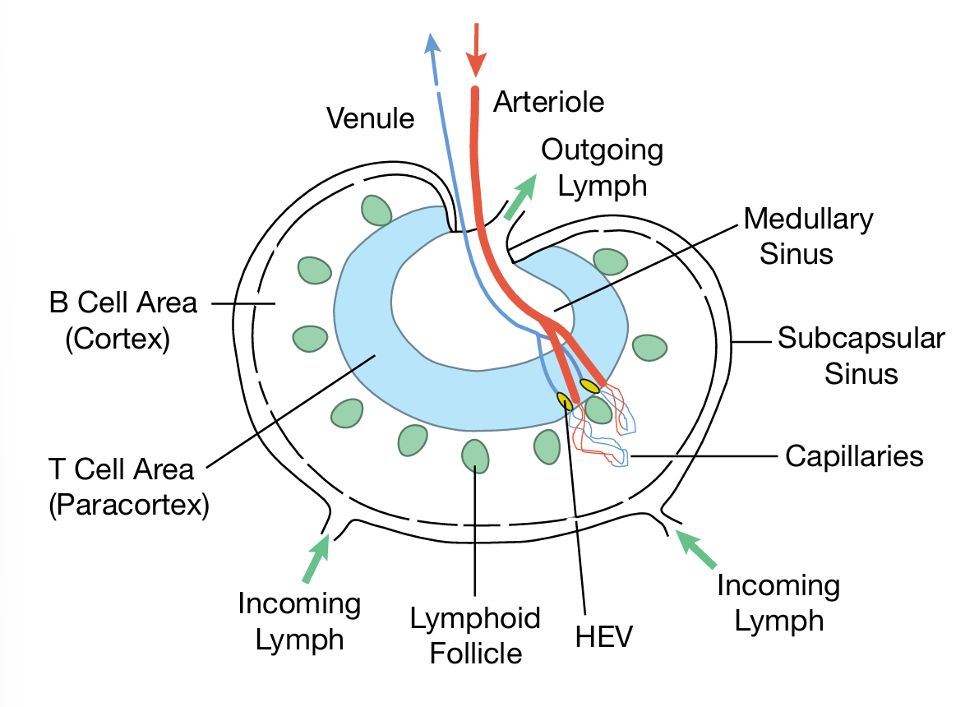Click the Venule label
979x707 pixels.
tap(370, 118)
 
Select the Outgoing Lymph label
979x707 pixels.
tap(602, 169)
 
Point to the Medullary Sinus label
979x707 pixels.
tap(807, 237)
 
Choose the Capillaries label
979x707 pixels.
tap(854, 455)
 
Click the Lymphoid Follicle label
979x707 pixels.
tap(475, 635)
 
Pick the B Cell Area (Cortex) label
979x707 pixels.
tap(123, 321)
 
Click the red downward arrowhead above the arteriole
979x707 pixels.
tap(476, 65)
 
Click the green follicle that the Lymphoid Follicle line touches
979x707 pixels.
tap(475, 455)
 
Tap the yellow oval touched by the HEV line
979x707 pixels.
tap(565, 401)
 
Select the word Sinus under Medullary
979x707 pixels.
tap(796, 253)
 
